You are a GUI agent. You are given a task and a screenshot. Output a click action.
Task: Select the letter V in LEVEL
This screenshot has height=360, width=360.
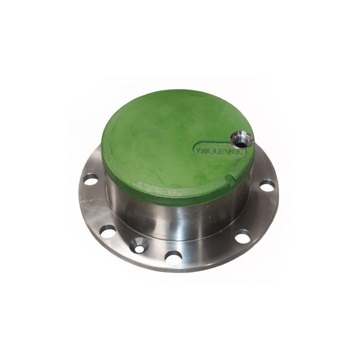click(x=229, y=152)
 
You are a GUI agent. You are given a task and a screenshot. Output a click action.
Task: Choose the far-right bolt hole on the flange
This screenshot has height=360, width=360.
click(x=267, y=185)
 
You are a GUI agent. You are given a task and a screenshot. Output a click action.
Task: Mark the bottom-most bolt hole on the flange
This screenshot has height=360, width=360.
click(x=173, y=257)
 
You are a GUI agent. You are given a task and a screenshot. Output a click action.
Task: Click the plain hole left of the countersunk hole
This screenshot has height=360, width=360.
click(x=108, y=231)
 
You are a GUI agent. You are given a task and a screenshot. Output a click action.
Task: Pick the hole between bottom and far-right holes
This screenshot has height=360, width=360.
click(x=243, y=235)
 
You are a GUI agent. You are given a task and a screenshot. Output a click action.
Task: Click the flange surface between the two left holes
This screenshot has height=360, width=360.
click(x=96, y=207)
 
